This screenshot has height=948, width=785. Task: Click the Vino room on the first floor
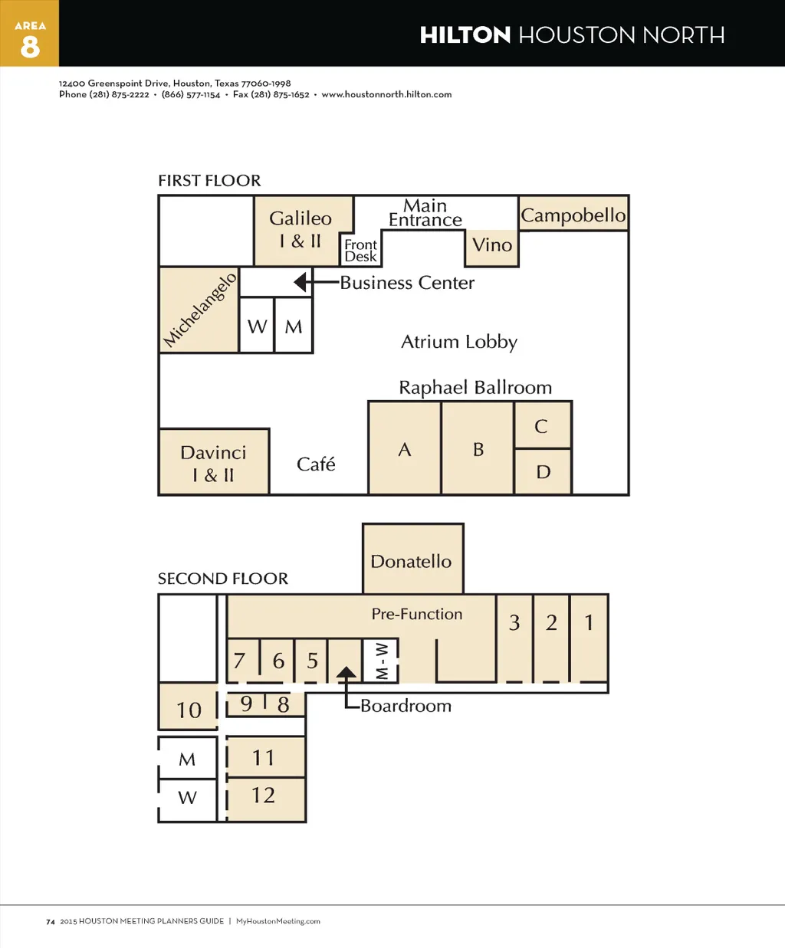pyautogui.click(x=492, y=248)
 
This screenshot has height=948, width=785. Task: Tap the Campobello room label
pyautogui.click(x=573, y=215)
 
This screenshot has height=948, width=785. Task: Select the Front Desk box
pyautogui.click(x=361, y=249)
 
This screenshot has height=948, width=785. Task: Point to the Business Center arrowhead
pyautogui.click(x=301, y=282)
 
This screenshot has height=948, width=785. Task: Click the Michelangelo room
pyautogui.click(x=199, y=310)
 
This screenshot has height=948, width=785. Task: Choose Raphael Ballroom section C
pyautogui.click(x=543, y=425)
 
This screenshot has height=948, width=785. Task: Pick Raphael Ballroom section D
pyautogui.click(x=543, y=472)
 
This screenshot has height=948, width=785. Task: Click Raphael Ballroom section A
pyautogui.click(x=404, y=448)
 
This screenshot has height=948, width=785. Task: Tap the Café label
pyautogui.click(x=316, y=464)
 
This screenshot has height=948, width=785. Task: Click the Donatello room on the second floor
pyautogui.click(x=413, y=559)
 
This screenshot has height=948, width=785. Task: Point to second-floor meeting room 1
pyautogui.click(x=590, y=638)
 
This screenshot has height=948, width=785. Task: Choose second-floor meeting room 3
pyautogui.click(x=514, y=638)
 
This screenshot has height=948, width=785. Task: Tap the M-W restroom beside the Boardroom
pyautogui.click(x=381, y=661)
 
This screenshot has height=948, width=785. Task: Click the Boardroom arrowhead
pyautogui.click(x=347, y=672)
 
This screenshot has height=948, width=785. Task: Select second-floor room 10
pyautogui.click(x=188, y=707)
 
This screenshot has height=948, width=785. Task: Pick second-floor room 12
pyautogui.click(x=266, y=800)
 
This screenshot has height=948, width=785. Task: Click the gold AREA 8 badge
pyautogui.click(x=30, y=33)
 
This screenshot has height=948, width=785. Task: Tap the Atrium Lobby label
pyautogui.click(x=459, y=343)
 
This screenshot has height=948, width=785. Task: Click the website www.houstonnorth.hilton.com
pyautogui.click(x=386, y=94)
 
